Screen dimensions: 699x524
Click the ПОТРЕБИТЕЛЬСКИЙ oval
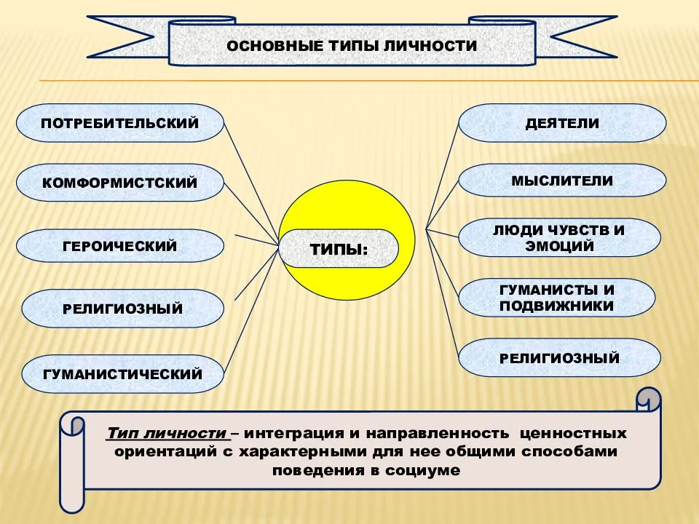(120, 123)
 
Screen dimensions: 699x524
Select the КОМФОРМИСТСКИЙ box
(120, 183)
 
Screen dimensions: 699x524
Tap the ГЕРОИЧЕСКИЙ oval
(120, 246)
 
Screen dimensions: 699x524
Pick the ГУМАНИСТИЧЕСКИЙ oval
(122, 374)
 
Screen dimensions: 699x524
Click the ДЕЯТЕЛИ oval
(562, 123)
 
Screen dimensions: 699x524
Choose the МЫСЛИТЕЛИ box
(562, 180)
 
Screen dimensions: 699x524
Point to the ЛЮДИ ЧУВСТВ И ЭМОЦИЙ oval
(559, 237)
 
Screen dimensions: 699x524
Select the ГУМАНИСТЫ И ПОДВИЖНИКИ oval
(557, 298)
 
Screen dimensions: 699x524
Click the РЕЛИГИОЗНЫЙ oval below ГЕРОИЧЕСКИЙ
(122, 309)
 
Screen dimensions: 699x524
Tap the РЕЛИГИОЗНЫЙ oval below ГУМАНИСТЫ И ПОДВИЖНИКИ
(559, 358)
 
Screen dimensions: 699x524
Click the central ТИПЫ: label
(339, 249)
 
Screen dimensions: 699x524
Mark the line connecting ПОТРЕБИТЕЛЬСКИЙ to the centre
(251, 183)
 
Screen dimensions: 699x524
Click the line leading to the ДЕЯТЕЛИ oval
(442, 176)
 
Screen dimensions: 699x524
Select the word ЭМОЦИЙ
(559, 246)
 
